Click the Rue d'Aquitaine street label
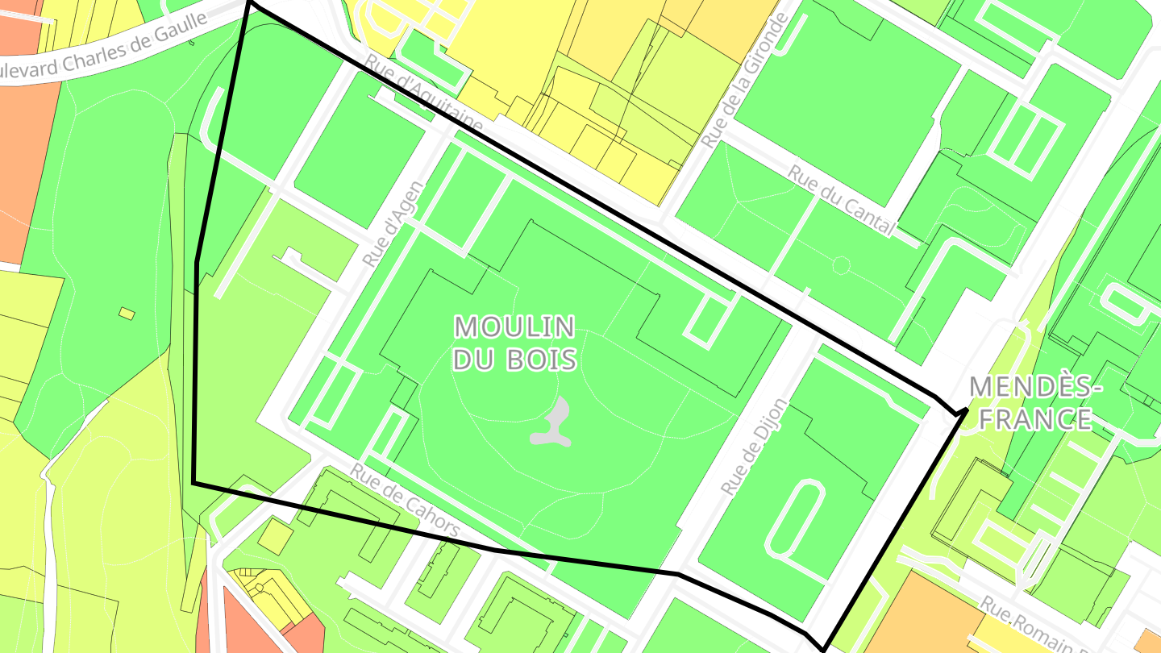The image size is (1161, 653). coord(423,95)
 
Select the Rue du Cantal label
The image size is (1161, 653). coord(842,201)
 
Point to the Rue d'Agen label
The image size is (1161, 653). coord(393,224)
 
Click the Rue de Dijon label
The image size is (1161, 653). coord(753,446)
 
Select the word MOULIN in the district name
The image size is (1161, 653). coord(514,327)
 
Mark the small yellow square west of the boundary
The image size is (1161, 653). coord(127,313)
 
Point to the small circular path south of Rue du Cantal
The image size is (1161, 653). coord(841,264)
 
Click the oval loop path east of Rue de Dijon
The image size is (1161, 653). coord(793,520)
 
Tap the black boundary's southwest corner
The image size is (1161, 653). coord(193,483)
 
